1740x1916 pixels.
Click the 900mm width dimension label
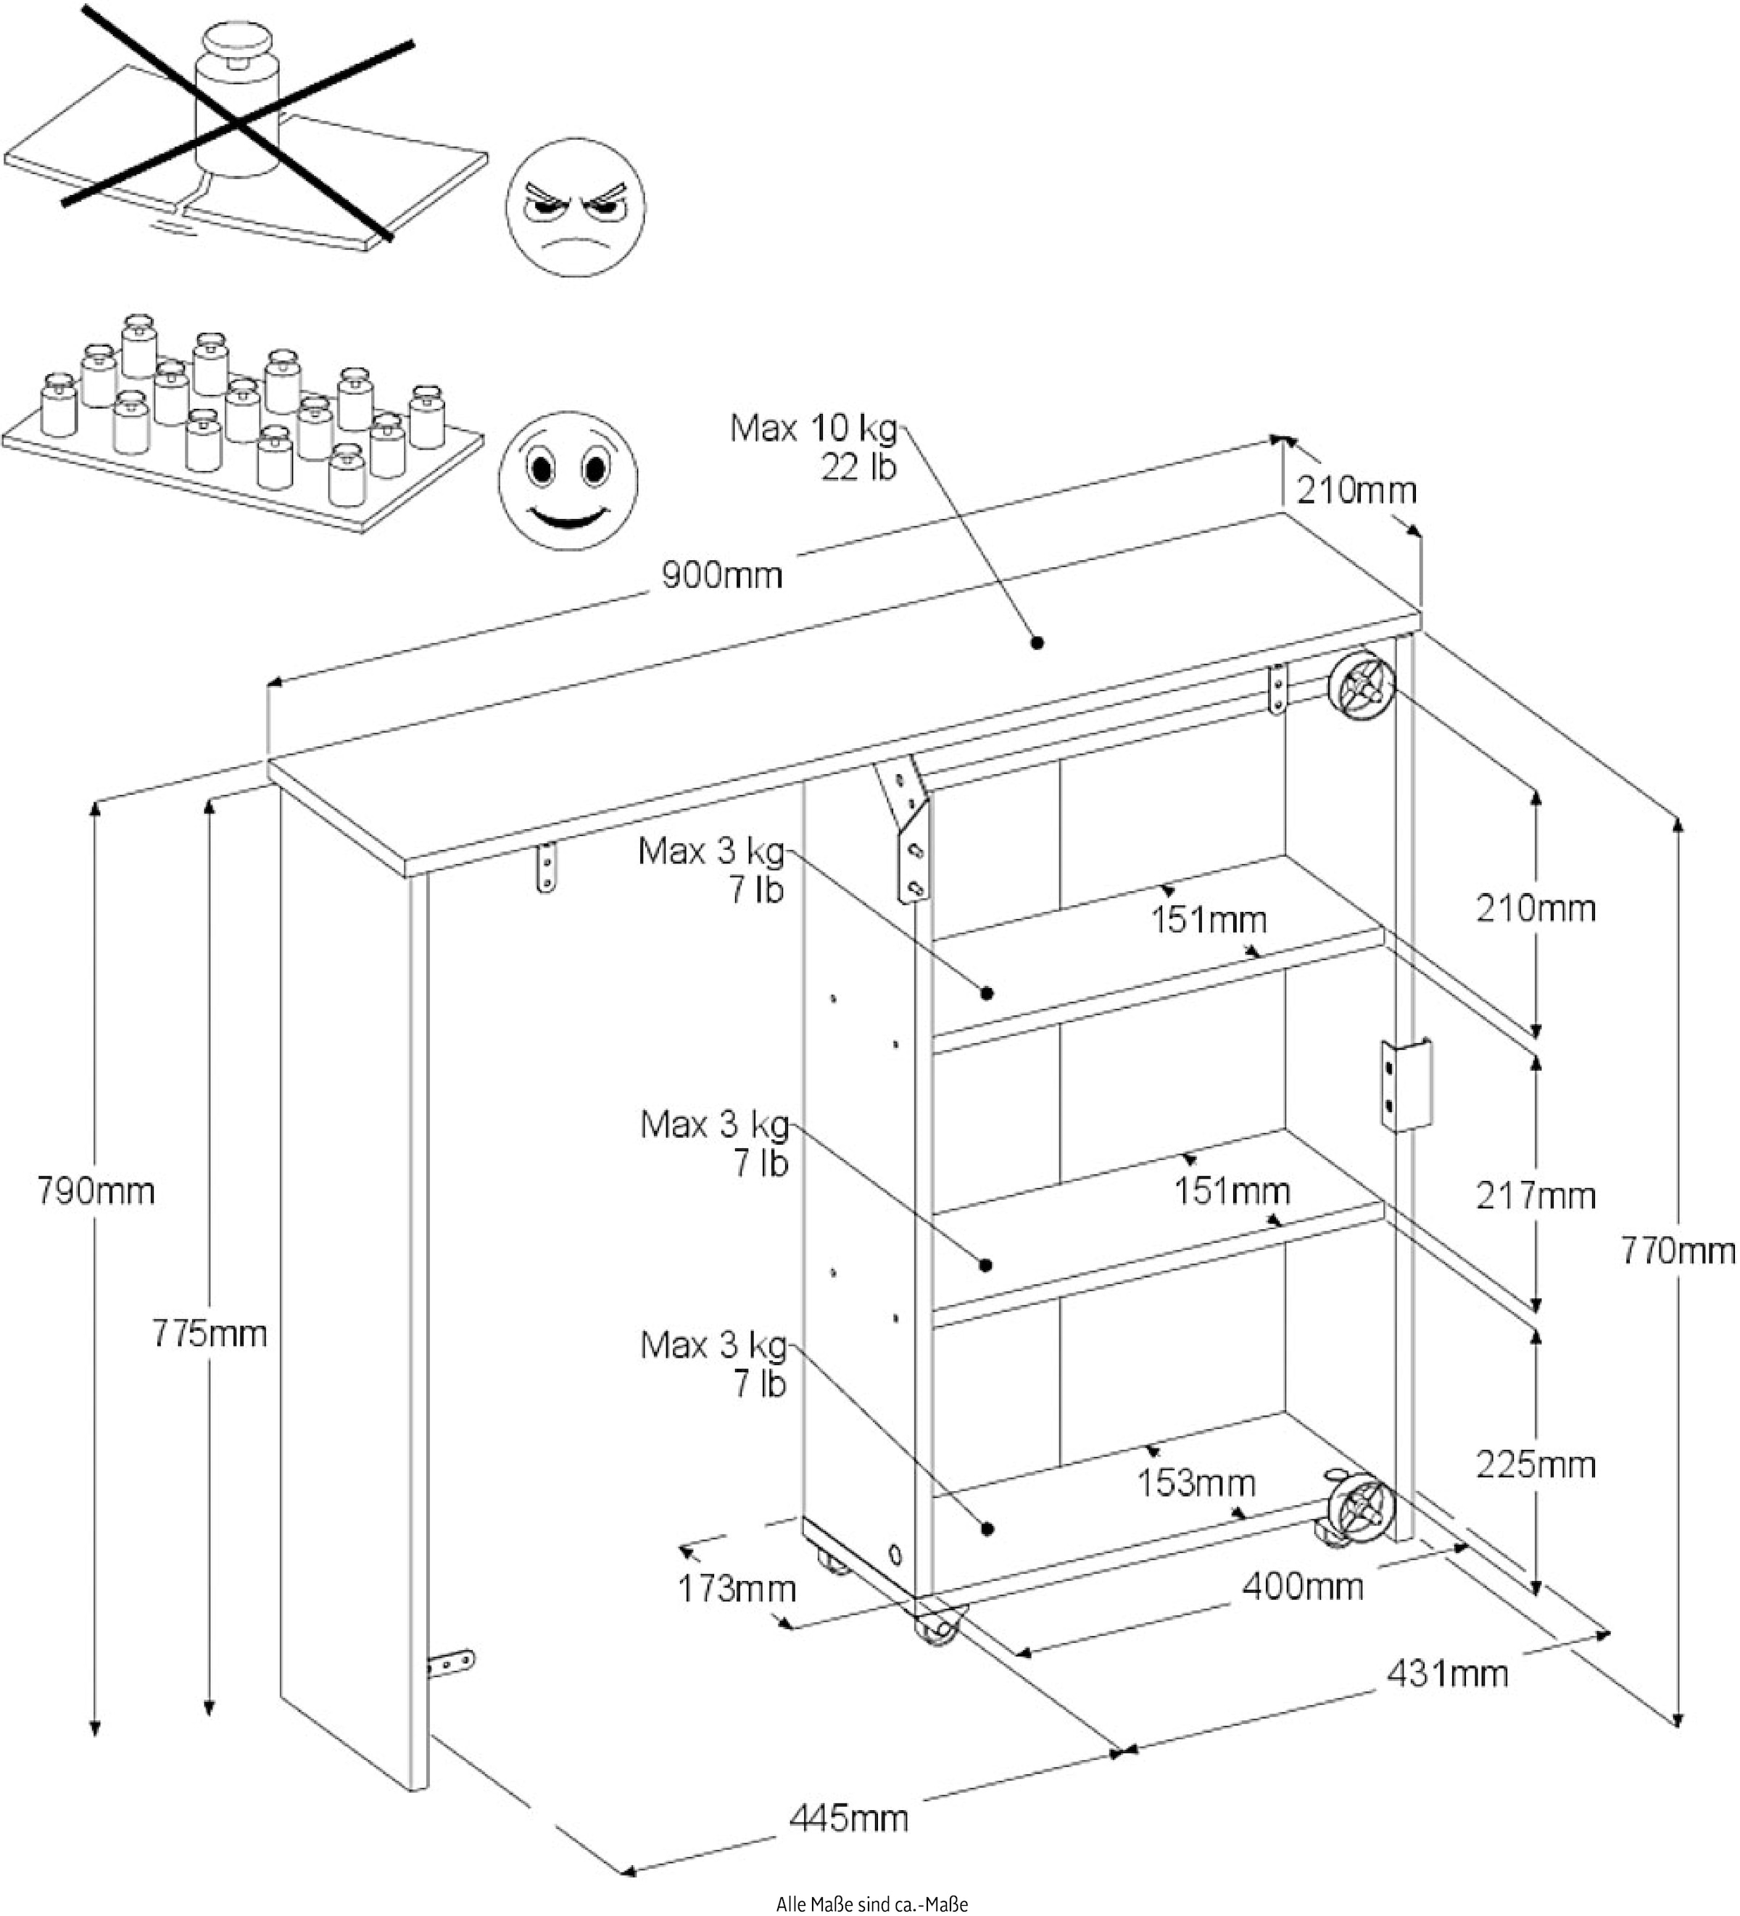(x=721, y=575)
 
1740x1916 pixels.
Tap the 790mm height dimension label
(x=95, y=1190)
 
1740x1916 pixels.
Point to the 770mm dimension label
(x=1678, y=1251)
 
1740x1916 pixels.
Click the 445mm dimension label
(x=849, y=1817)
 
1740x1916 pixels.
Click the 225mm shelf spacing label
(x=1535, y=1464)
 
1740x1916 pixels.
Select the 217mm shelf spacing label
(x=1535, y=1195)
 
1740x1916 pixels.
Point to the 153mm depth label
(x=1196, y=1482)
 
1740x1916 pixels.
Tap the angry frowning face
(x=575, y=207)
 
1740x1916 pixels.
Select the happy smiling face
(x=568, y=479)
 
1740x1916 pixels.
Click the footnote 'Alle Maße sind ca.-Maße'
(x=871, y=1904)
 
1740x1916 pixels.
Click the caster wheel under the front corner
(x=940, y=1633)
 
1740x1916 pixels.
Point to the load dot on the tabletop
(x=1037, y=642)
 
